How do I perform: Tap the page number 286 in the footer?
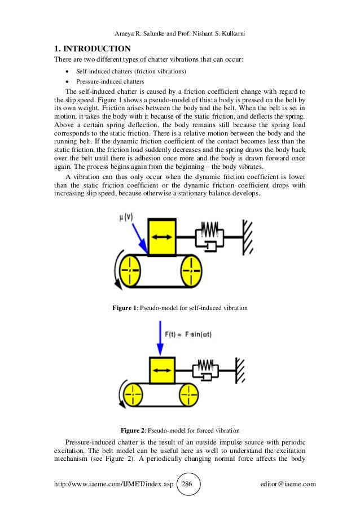tap(188, 484)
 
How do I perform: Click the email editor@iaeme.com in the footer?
tap(286, 484)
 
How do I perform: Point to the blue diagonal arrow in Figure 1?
tap(138, 237)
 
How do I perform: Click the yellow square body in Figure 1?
tap(161, 236)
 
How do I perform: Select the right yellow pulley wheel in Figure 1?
tap(192, 270)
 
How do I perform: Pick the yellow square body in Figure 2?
tap(162, 370)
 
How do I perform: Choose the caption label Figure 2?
tap(133, 430)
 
